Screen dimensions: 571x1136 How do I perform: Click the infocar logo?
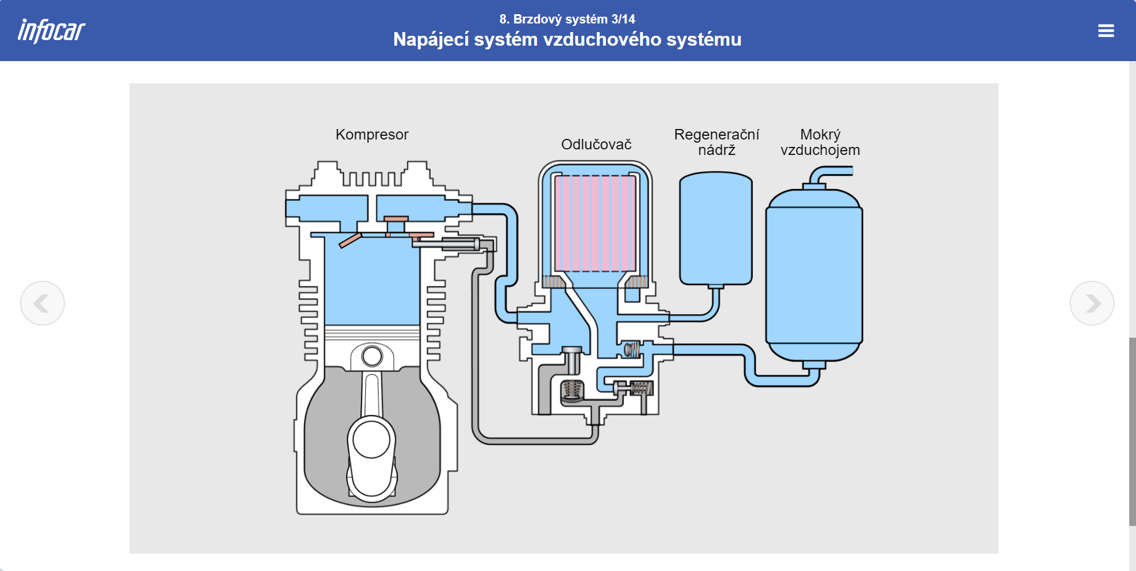[51, 31]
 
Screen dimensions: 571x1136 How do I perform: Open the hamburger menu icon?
[1106, 31]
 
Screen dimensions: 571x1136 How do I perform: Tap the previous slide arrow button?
[42, 303]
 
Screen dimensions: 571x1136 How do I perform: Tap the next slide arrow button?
[1092, 303]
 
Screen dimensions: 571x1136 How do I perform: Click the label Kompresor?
[371, 135]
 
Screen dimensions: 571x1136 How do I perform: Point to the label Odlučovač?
[596, 144]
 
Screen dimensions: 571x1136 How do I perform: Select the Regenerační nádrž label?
[716, 142]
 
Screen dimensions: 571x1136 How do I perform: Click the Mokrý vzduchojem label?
[820, 142]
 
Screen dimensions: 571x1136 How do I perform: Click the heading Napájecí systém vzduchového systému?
[567, 40]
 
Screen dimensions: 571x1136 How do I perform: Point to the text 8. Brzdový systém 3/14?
[567, 19]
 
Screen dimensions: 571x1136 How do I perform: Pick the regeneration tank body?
[716, 228]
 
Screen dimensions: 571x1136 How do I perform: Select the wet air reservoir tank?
[814, 275]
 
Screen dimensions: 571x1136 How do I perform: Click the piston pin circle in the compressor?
[372, 356]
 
